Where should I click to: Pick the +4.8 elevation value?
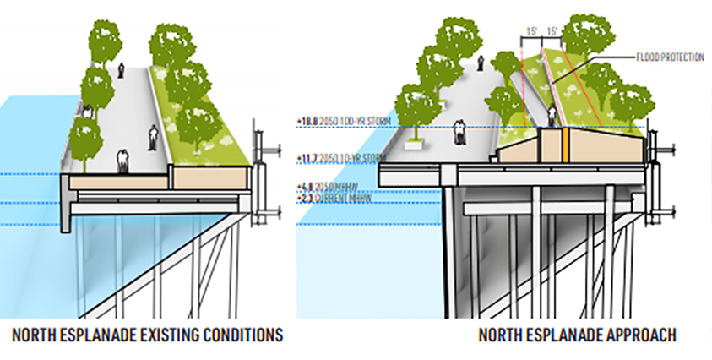306,186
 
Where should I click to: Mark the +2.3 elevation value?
306,197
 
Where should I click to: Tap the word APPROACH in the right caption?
636,335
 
